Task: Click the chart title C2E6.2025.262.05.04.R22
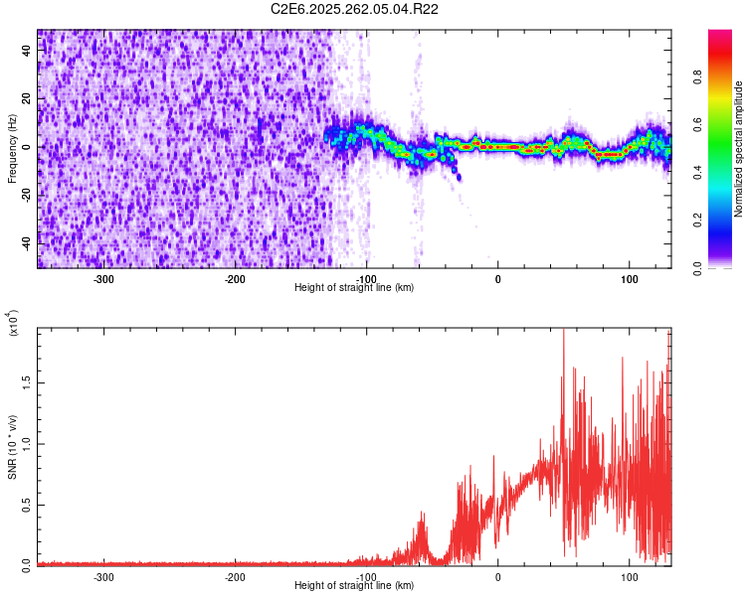pyautogui.click(x=355, y=9)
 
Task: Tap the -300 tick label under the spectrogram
pyautogui.click(x=103, y=278)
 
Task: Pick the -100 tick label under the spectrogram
pyautogui.click(x=367, y=278)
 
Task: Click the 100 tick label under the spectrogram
pyautogui.click(x=630, y=278)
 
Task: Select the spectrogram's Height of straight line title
pyautogui.click(x=354, y=288)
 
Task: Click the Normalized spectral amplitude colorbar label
pyautogui.click(x=738, y=149)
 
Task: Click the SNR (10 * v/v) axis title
pyautogui.click(x=12, y=447)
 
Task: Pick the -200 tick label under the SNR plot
pyautogui.click(x=235, y=576)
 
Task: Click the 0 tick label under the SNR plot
pyautogui.click(x=498, y=576)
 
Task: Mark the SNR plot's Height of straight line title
pyautogui.click(x=354, y=586)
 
